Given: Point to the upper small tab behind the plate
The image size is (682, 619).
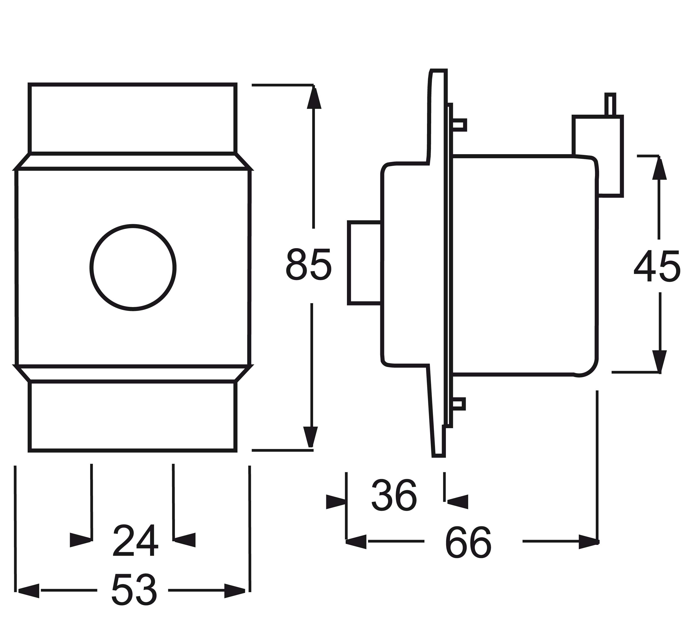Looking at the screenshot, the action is (459, 125).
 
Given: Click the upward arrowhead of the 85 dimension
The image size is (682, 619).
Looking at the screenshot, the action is (314, 97).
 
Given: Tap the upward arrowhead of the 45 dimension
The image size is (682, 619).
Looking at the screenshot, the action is (659, 168).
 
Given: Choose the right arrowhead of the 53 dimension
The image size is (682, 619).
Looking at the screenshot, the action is (235, 591).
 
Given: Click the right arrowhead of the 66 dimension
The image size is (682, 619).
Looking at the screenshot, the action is (589, 542).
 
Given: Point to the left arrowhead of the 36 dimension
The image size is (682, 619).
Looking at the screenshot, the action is (336, 502).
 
